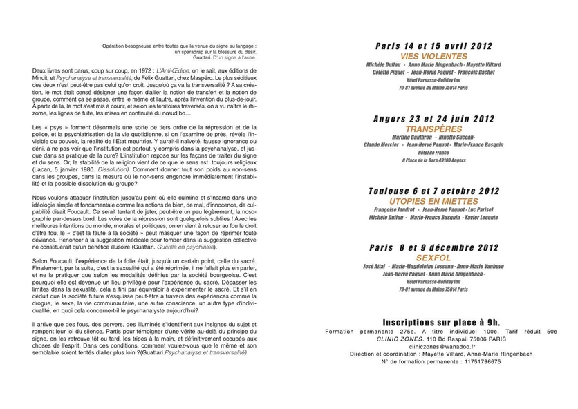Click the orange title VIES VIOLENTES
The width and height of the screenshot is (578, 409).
[x=433, y=55]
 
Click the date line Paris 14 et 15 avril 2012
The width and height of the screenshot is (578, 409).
[x=433, y=46]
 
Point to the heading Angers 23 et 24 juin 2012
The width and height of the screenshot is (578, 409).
[x=433, y=118]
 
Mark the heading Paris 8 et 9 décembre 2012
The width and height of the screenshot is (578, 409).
[x=433, y=246]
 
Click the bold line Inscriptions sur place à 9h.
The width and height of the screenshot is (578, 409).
[x=441, y=323]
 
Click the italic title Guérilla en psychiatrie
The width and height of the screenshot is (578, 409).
[x=203, y=237]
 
